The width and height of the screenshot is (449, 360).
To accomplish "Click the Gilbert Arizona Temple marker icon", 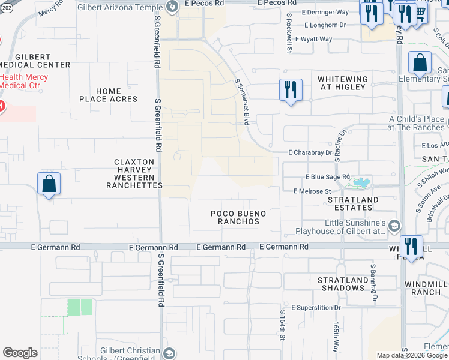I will pos(171,7).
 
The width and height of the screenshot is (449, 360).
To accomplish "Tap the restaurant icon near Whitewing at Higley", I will pos(291,90).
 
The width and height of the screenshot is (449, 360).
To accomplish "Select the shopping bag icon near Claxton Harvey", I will pos(49,184).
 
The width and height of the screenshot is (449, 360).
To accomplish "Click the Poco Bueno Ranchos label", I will pos(238,217).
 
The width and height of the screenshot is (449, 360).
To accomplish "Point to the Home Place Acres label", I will pos(108,95).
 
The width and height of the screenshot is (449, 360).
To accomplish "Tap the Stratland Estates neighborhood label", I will pos(354,203).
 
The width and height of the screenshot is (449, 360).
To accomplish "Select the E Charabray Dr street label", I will pos(310,153).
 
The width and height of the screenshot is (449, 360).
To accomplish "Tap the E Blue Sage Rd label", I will pos(327,177).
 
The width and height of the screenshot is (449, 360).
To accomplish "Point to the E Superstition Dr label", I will pos(316,308).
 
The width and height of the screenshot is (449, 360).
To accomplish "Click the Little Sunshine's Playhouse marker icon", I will pos(394,226).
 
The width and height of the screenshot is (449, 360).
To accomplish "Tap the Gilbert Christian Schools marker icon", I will pos(170,353).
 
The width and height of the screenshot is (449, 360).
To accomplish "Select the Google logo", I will pos(20,353).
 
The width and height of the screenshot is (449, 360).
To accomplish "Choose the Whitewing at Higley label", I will pos(342,83).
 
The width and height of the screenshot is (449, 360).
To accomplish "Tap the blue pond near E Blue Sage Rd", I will pos(361,182).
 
